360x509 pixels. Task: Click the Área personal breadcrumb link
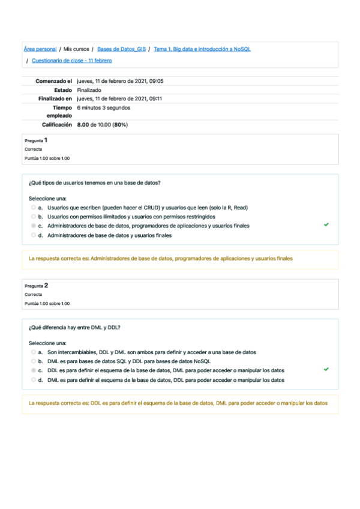(x=40, y=49)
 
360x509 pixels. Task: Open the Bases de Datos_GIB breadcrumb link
(x=121, y=49)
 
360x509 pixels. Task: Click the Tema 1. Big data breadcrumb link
(x=202, y=49)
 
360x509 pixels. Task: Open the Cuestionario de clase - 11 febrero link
(x=71, y=61)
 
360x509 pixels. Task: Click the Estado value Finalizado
(x=89, y=90)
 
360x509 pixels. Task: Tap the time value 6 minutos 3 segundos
(x=103, y=108)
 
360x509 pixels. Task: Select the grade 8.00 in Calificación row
(x=83, y=125)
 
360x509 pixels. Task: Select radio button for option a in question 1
(x=34, y=207)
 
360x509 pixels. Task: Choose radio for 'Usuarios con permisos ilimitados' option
(x=34, y=217)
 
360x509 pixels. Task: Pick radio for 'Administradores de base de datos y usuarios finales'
(x=34, y=236)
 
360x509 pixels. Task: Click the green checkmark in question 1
(x=326, y=224)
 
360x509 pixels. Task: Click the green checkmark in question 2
(x=326, y=370)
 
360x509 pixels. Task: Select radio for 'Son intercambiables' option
(x=34, y=352)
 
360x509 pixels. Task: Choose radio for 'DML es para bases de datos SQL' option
(x=34, y=362)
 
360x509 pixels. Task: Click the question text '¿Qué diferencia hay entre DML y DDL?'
(x=74, y=327)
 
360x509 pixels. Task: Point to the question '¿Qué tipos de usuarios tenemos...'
(x=94, y=182)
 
